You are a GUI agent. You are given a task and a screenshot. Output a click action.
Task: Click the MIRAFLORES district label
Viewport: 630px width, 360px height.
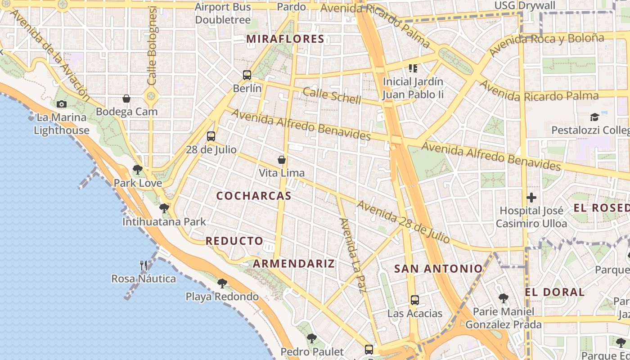285,39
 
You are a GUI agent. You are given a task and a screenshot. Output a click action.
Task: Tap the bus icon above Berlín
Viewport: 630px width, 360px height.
247,75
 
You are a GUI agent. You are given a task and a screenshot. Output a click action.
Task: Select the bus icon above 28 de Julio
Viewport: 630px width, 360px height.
211,136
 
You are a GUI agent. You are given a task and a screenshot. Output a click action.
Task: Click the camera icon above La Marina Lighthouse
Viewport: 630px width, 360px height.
62,104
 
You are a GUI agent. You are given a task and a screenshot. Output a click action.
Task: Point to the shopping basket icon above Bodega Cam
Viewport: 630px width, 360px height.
126,99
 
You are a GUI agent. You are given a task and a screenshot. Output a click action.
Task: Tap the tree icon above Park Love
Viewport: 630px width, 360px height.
137,170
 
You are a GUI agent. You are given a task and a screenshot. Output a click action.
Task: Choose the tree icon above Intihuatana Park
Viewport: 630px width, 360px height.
164,208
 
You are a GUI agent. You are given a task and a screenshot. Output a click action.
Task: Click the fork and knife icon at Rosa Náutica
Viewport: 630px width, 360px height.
144,265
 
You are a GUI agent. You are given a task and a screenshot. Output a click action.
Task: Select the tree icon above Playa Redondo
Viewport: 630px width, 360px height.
222,283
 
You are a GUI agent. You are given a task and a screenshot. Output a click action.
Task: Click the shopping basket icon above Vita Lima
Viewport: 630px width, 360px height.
282,159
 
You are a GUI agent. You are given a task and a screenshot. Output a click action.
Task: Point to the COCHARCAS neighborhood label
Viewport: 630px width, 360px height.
254,196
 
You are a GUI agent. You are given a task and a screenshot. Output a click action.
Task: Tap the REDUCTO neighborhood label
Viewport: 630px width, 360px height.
234,241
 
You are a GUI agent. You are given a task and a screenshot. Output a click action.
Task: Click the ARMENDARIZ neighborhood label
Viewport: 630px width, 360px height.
294,264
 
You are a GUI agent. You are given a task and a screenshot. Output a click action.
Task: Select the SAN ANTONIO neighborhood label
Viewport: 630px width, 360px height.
438,269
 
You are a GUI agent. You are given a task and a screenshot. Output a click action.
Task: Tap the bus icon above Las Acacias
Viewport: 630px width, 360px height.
414,300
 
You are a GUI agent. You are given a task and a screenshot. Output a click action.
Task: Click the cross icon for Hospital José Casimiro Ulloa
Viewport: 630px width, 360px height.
531,197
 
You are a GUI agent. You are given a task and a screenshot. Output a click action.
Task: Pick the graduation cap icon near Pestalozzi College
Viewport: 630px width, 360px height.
594,117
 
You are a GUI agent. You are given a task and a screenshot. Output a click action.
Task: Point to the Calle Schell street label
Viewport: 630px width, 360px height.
332,95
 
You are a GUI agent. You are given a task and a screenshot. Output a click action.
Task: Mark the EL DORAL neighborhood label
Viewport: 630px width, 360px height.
554,292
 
